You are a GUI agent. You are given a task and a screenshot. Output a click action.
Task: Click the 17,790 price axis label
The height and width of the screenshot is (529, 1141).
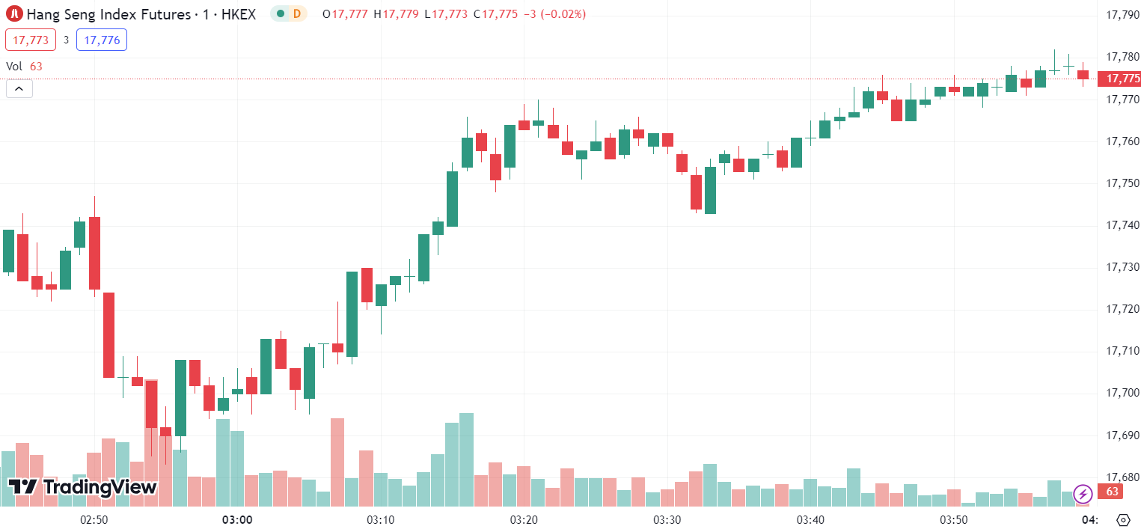[1122, 14]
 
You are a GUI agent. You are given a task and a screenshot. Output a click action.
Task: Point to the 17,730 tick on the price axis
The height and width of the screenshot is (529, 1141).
[1122, 267]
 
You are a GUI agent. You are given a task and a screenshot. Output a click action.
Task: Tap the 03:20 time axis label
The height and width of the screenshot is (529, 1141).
[524, 519]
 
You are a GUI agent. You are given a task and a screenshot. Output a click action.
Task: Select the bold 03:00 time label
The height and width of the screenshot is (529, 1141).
[237, 519]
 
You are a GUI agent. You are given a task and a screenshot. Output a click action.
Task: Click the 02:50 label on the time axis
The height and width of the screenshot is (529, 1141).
[94, 519]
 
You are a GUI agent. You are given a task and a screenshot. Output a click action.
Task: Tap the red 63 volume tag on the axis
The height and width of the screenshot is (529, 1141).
[1112, 492]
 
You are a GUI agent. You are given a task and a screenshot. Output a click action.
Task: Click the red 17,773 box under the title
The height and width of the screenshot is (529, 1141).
[31, 40]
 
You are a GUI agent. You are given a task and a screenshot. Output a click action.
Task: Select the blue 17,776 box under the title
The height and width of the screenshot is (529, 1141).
[102, 40]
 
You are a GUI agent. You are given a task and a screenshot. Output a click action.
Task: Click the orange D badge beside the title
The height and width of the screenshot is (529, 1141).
[297, 13]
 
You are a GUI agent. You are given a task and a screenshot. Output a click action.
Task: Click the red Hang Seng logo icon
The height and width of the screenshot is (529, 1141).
[14, 13]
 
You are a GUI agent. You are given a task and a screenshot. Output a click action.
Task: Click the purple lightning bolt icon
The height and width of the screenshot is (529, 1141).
[1083, 494]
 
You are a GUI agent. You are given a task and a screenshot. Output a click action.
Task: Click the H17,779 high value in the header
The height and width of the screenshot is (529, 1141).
[397, 14]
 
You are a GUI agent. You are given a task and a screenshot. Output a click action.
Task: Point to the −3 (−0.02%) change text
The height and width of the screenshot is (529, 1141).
[554, 14]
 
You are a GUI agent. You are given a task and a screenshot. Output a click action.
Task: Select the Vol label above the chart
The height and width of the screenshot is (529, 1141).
[14, 66]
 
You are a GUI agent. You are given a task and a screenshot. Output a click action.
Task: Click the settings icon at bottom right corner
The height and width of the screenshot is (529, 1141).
[1122, 519]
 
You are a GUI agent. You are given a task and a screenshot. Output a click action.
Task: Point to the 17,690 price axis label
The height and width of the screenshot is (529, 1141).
[1122, 435]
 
